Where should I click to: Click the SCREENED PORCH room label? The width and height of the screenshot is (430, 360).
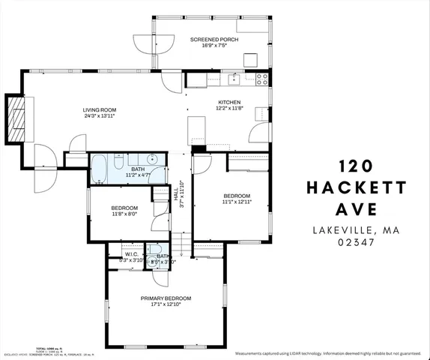(214, 39)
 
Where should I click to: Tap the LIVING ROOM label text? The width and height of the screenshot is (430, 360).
(100, 110)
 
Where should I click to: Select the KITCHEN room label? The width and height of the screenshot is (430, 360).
(228, 102)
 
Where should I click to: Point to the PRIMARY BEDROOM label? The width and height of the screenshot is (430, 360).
(166, 298)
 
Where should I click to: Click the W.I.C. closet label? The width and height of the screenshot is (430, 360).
(120, 253)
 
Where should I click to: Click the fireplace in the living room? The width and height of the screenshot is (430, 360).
(16, 118)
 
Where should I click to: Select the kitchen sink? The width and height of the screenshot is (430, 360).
(234, 76)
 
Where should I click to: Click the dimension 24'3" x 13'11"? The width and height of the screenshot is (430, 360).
(100, 117)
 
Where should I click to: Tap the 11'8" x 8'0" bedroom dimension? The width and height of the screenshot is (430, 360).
(124, 214)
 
